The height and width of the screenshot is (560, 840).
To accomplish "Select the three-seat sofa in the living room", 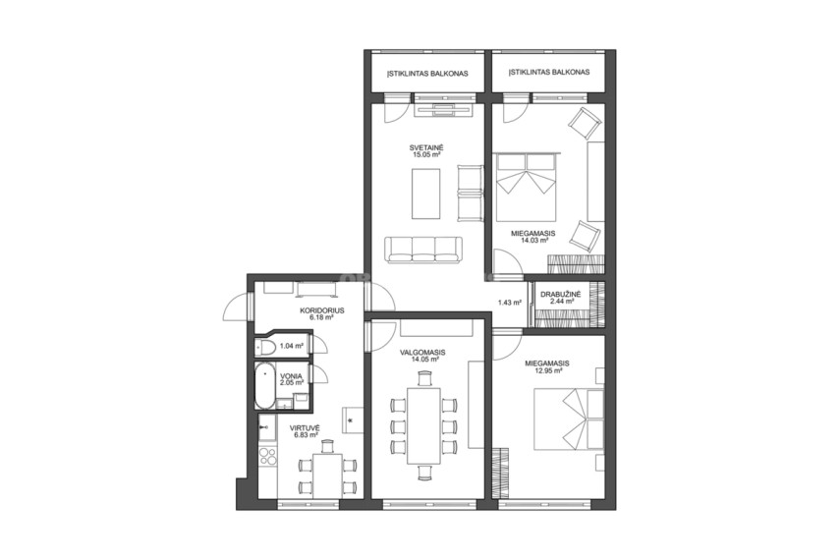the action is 423,250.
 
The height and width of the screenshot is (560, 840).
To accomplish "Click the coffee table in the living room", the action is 425,193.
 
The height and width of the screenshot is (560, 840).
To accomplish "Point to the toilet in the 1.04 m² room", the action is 265,347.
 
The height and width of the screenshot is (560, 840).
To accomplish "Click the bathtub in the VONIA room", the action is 264,386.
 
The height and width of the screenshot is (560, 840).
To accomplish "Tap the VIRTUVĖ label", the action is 305,428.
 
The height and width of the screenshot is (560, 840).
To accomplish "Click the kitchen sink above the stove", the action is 266,426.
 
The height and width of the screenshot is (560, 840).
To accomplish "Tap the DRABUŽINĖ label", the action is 560,294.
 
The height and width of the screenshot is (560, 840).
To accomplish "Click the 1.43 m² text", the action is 510,303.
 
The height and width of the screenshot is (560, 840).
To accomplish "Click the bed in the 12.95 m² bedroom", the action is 569,419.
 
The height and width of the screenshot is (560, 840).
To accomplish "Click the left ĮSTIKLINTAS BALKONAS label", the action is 428,74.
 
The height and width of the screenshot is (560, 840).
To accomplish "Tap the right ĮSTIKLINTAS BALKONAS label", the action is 549,72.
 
